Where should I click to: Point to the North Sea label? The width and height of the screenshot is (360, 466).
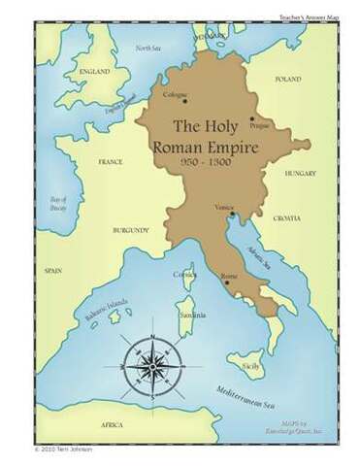coord(147,48)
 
